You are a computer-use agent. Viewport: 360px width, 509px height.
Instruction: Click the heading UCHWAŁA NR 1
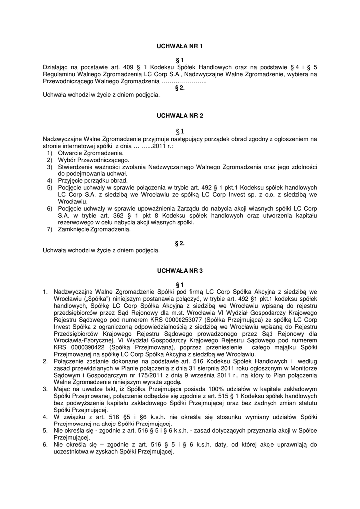coord(180,46)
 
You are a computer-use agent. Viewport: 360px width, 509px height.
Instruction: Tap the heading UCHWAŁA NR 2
coord(180,115)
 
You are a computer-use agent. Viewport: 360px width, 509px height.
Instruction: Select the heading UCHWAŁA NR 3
coord(180,271)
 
